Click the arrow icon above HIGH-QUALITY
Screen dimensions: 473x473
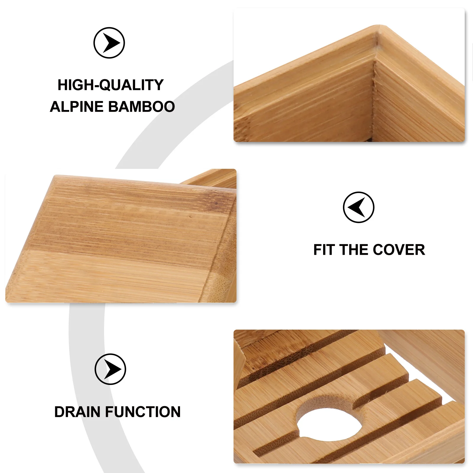pos(109,43)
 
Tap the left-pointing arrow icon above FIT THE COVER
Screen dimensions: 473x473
pos(358,207)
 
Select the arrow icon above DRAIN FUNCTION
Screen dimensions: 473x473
pos(110,369)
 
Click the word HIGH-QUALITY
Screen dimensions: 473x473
pos(111,85)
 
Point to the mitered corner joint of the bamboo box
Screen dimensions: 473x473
pos(375,89)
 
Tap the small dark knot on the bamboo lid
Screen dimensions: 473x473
pos(191,217)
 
